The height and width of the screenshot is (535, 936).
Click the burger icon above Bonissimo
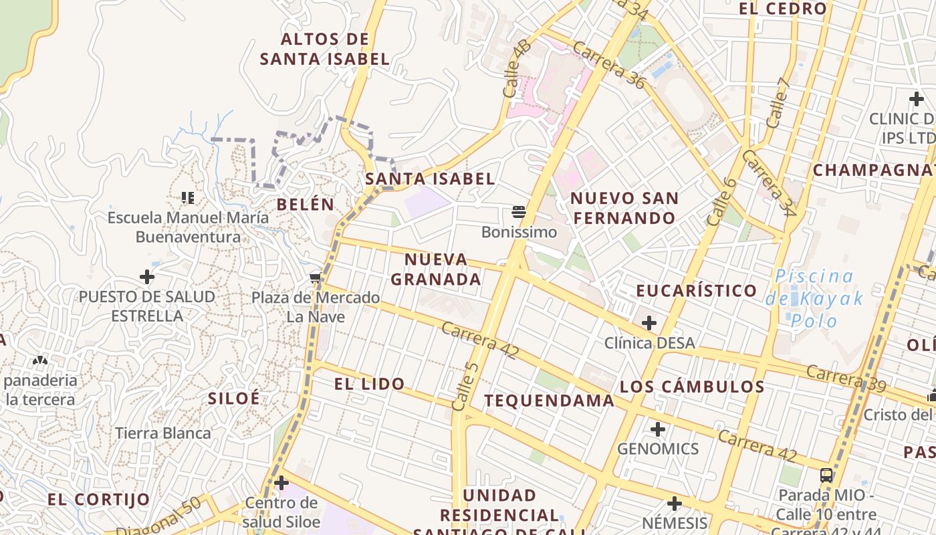coord(519,213)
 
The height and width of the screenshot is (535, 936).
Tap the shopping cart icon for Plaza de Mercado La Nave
coord(315,278)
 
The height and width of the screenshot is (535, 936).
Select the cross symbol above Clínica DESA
coord(649,324)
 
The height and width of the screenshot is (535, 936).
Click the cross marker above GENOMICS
coord(658,429)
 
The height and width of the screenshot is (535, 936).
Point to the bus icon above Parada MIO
coord(826,475)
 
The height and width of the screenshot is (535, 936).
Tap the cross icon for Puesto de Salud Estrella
coord(147,277)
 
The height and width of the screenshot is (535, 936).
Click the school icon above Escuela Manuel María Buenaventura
coord(188,197)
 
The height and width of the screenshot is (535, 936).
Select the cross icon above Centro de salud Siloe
coord(281,482)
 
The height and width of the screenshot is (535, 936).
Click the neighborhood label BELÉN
coord(306,205)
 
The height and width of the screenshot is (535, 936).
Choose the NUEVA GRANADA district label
coord(436,270)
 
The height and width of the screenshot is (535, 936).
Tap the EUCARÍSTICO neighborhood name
coord(696,291)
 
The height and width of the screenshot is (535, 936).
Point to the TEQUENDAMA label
coord(549,401)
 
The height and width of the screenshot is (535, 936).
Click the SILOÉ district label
coord(233,399)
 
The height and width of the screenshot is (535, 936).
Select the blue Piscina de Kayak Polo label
coord(814,298)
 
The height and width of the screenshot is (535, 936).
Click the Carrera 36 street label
coord(608,66)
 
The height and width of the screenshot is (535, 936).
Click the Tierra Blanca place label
coord(162,433)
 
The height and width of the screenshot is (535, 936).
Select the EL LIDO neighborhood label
coord(369,384)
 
